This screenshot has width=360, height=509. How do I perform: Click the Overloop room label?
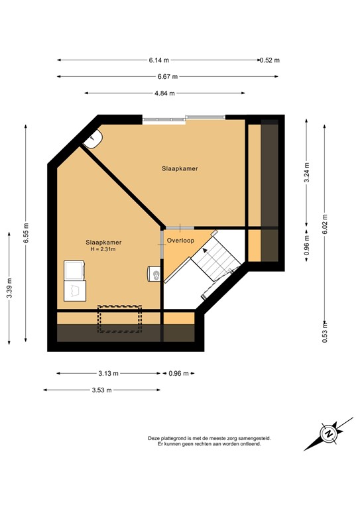click(180, 241)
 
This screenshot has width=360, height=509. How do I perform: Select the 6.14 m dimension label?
click(160, 60)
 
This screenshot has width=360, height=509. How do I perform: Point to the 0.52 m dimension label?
click(270, 60)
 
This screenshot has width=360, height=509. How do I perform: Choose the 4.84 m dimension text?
click(164, 93)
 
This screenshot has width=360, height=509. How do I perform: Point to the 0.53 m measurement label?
click(324, 333)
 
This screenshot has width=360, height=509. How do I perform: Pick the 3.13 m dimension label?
click(109, 374)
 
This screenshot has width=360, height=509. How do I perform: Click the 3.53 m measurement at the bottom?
click(102, 390)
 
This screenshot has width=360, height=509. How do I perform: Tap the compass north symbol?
click(328, 434)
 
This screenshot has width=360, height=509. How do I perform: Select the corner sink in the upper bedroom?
click(93, 138)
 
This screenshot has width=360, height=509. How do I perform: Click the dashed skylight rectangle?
click(119, 318)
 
